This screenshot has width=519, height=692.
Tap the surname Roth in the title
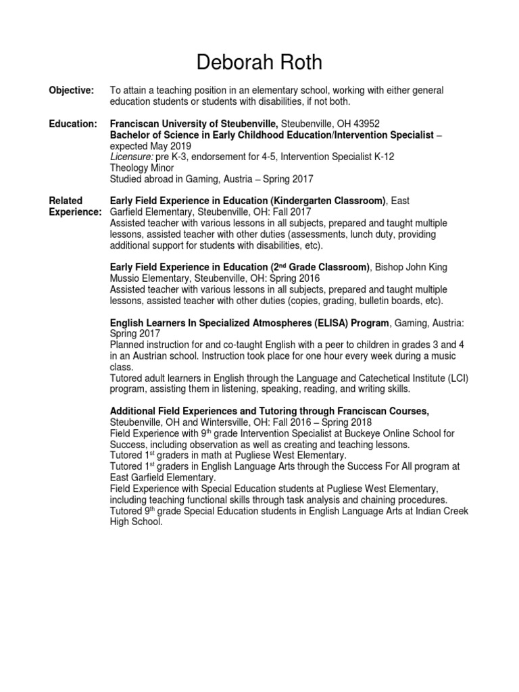pyautogui.click(x=297, y=63)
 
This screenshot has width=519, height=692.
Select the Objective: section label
pyautogui.click(x=72, y=91)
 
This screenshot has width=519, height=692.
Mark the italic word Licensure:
pyautogui.click(x=132, y=157)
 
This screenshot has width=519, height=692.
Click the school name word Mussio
pyautogui.click(x=126, y=278)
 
